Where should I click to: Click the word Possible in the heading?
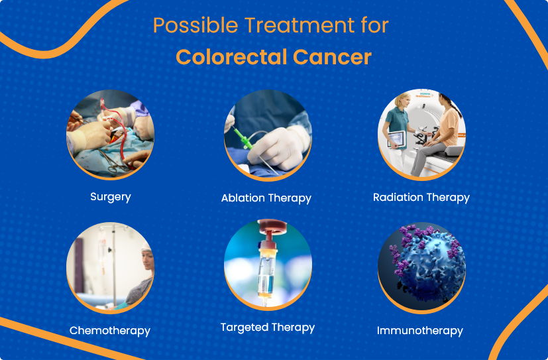(x=193, y=26)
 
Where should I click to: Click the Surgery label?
(x=111, y=197)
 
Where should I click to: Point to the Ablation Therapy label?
(x=266, y=198)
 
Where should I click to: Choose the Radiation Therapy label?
(x=421, y=198)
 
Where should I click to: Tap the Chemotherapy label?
(x=110, y=330)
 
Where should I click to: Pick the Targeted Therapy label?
(x=267, y=328)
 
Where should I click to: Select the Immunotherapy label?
(x=420, y=330)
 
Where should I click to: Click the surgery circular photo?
(x=110, y=135)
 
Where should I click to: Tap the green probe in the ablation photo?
(x=242, y=139)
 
